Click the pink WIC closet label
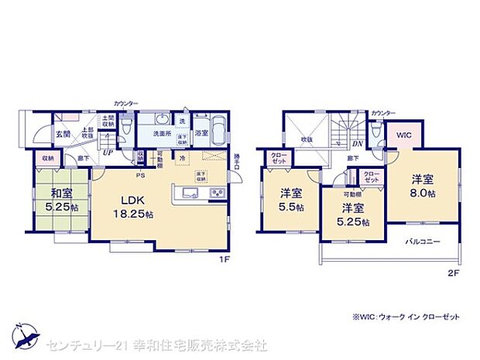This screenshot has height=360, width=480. [x=403, y=135]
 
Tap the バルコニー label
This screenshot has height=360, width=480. [x=423, y=242]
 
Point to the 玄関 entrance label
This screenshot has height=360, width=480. [x=63, y=134]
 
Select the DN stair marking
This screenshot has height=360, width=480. [x=358, y=143]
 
